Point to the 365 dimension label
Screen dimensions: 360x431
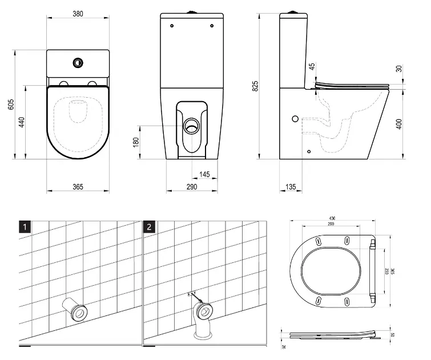78,186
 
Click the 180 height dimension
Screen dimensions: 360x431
136,141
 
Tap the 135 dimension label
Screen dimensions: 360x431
291,186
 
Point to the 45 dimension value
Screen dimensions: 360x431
312,67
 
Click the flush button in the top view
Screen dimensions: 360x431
78,62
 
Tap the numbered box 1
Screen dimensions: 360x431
23,226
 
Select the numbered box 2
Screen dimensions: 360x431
150,226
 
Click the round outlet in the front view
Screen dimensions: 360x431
192,126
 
